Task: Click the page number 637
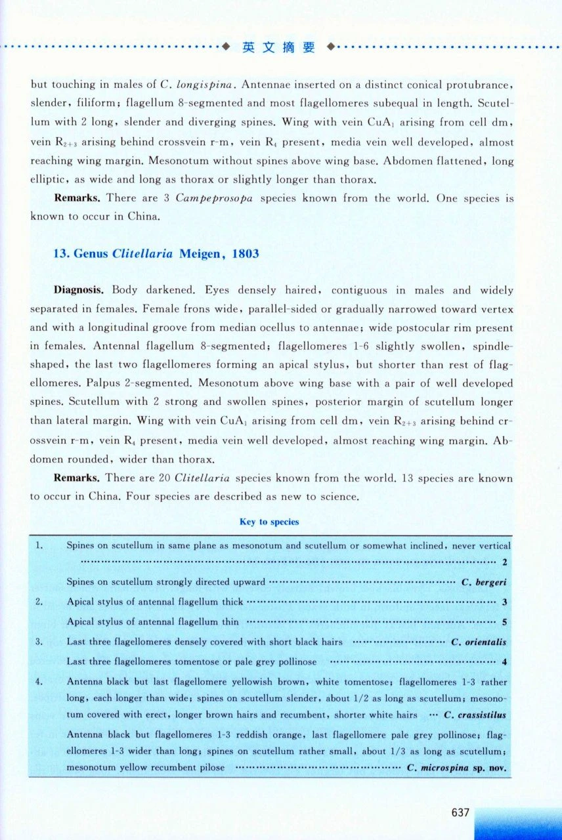coord(461,812)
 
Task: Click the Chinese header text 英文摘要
coord(278,47)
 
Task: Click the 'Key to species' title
coord(269,522)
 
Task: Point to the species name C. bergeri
coord(484,581)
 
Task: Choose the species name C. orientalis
coord(479,642)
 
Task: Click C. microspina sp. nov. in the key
coord(457,767)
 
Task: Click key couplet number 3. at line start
coord(39,642)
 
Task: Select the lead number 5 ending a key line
coord(504,621)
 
